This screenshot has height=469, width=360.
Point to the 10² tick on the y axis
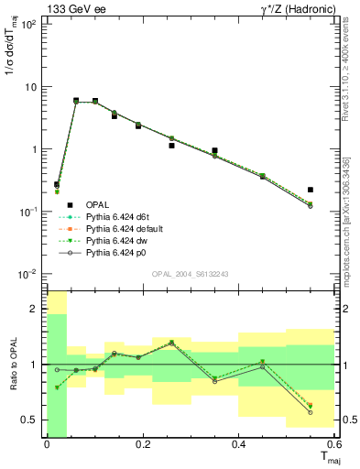[x=30, y=25]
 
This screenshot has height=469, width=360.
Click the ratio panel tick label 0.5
[x=30, y=420]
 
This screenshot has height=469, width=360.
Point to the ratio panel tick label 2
[x=35, y=310]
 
